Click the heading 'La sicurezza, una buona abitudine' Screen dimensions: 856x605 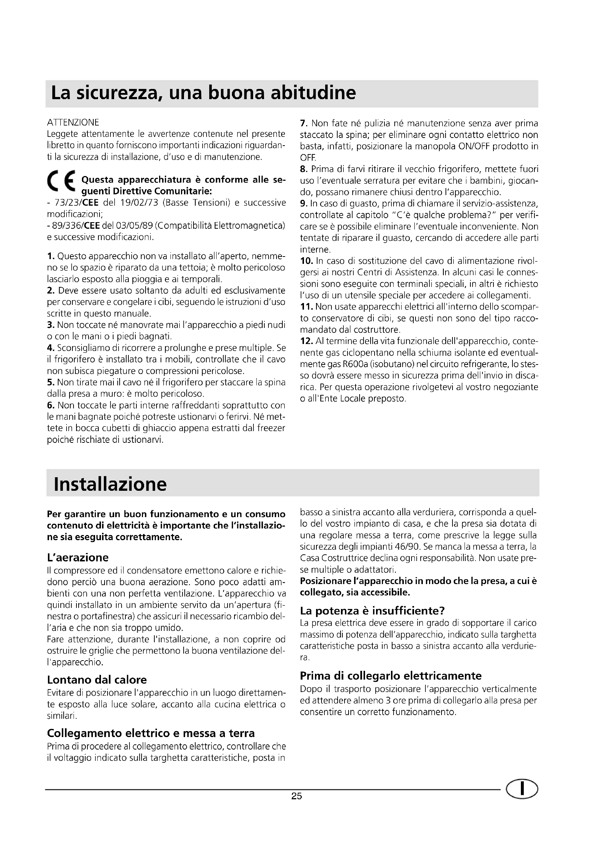203,93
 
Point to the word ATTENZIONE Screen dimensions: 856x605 73,122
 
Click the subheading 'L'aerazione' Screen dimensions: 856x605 78,557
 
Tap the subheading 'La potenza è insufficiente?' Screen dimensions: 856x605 372,611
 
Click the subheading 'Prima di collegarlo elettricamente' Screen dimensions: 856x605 390,676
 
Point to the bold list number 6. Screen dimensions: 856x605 51,405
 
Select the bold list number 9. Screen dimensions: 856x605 303,203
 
